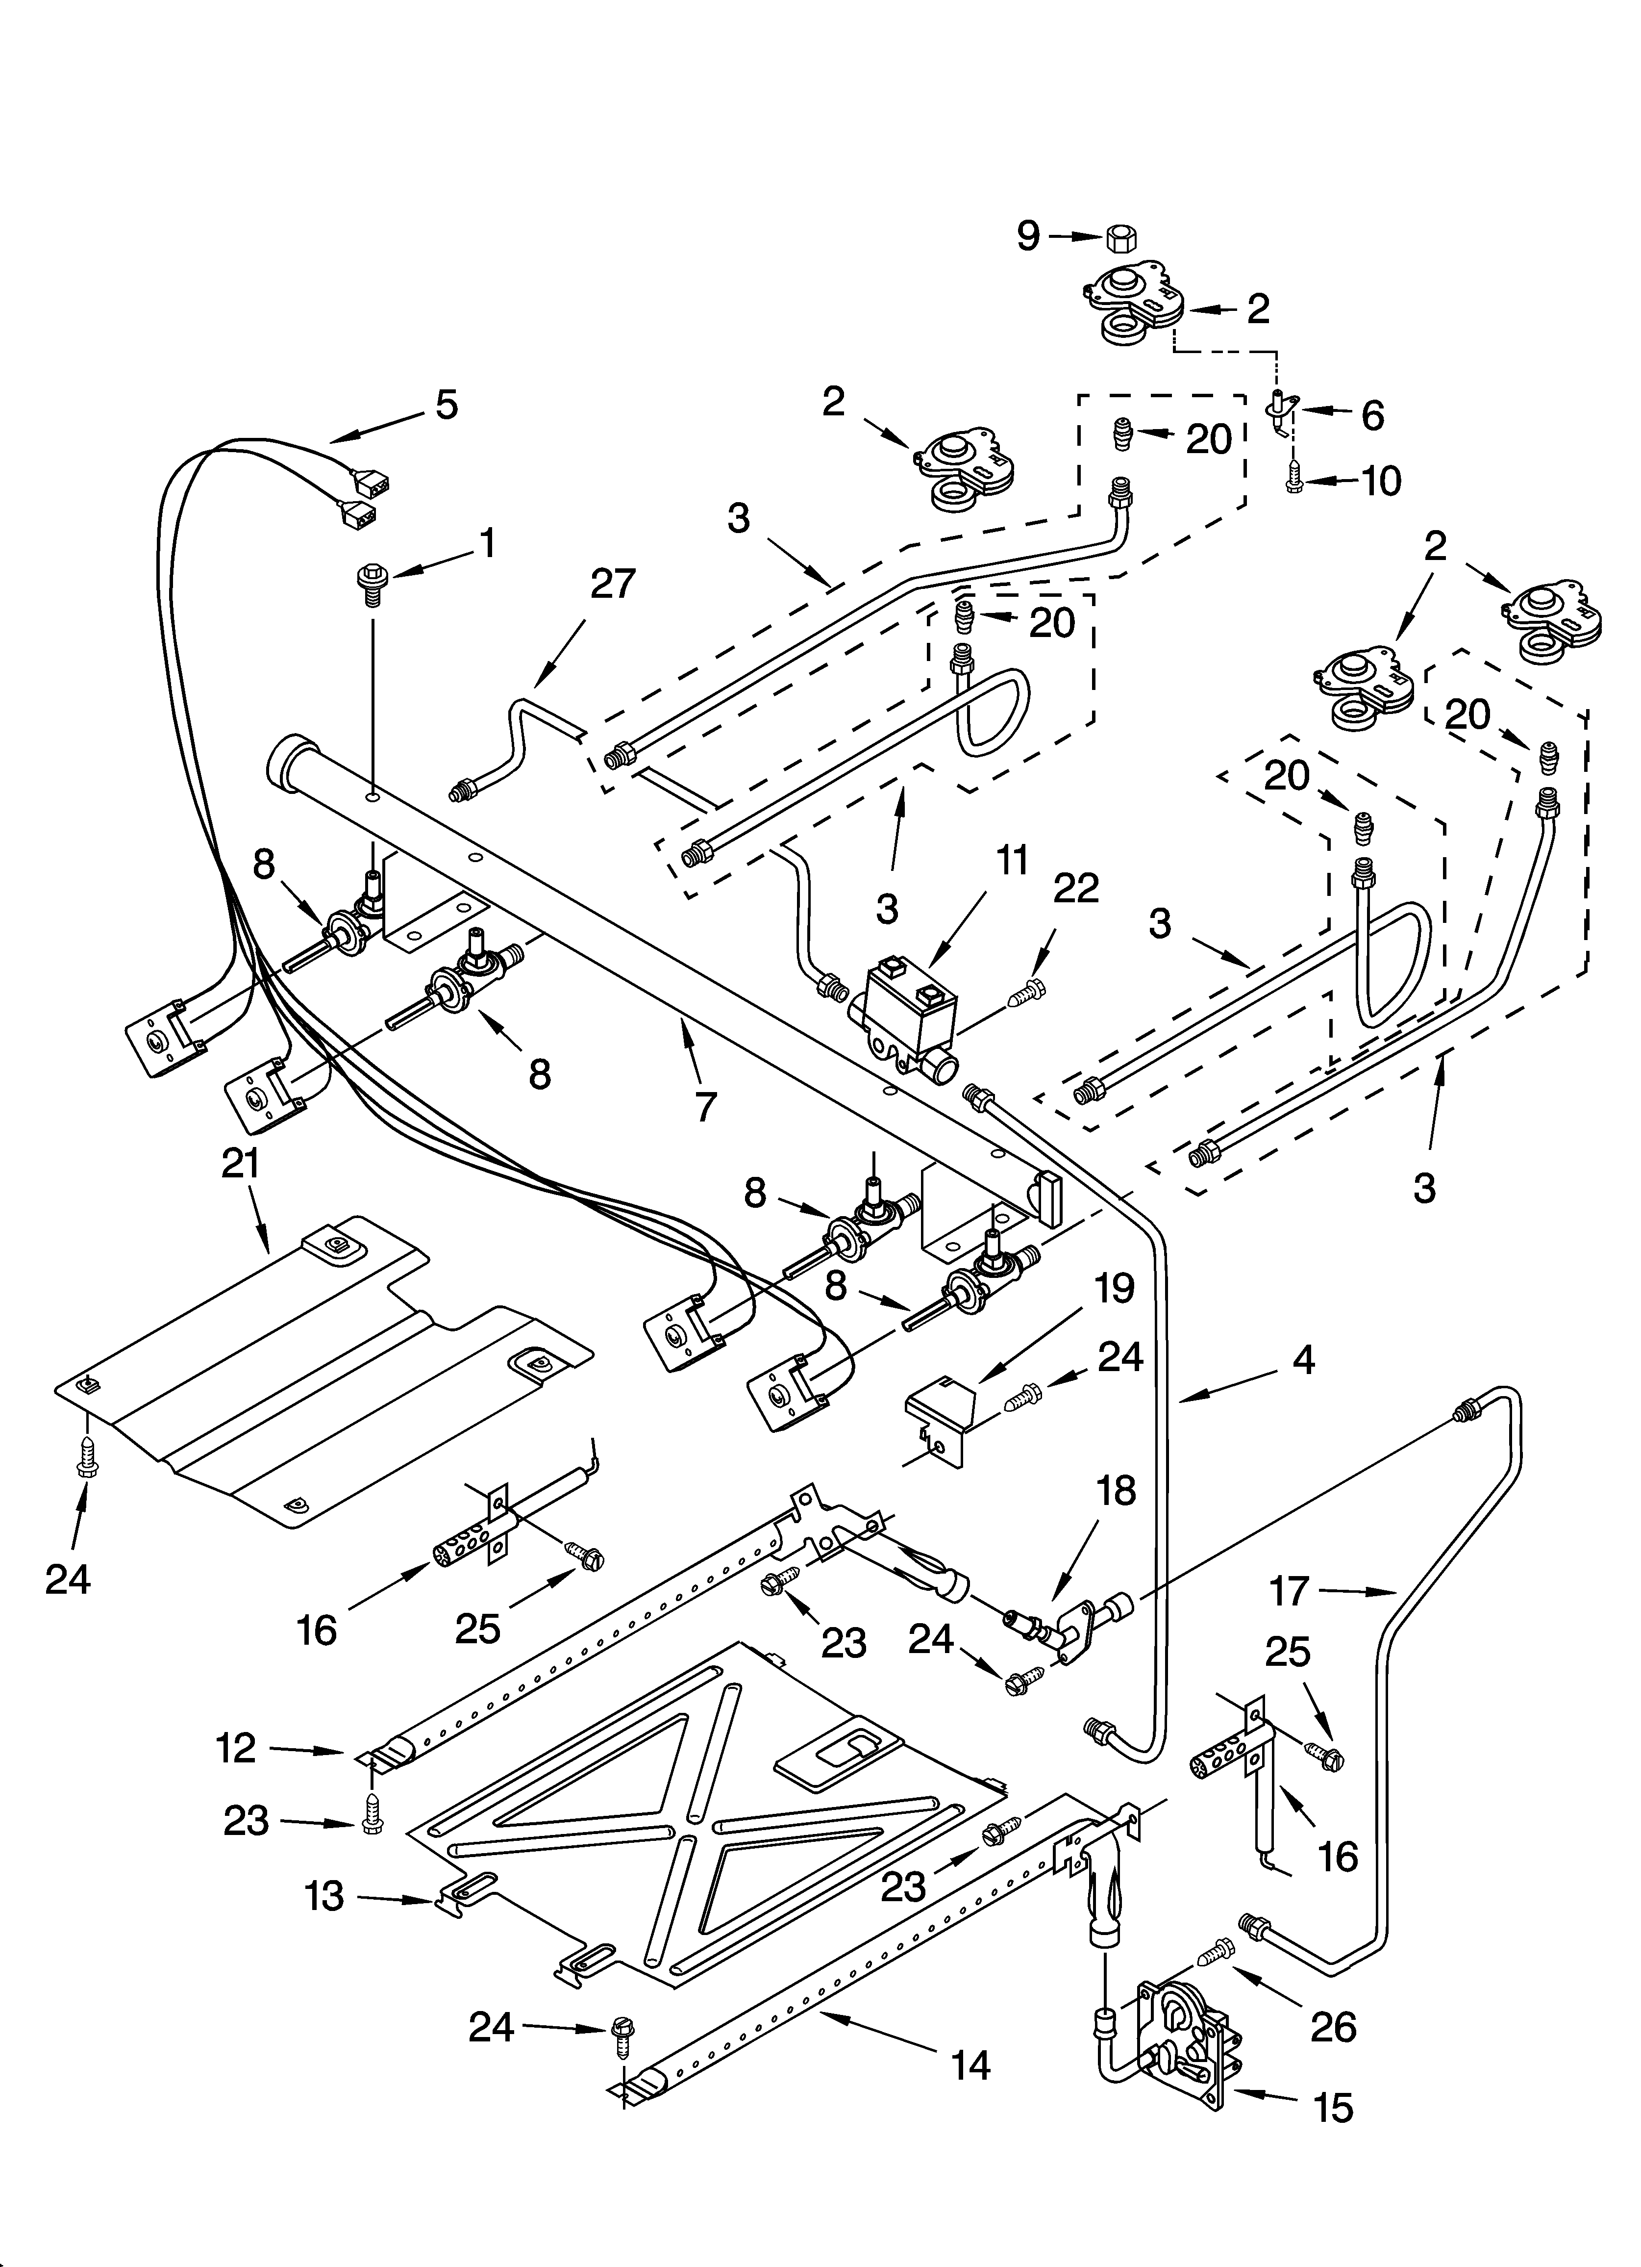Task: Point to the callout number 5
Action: (x=446, y=405)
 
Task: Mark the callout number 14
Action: (x=970, y=2065)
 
